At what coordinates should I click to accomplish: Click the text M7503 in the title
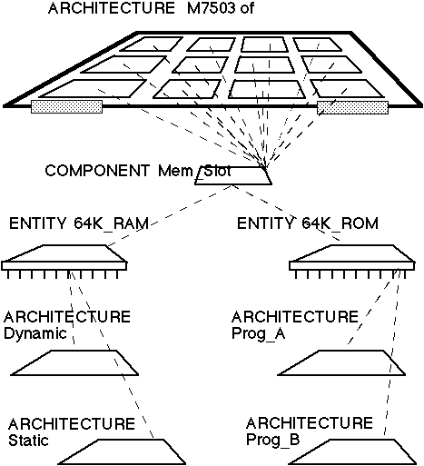click(x=211, y=8)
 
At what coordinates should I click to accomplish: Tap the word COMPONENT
click(x=97, y=171)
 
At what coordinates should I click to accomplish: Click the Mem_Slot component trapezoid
click(x=233, y=175)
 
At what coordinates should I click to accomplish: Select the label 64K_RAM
click(x=111, y=224)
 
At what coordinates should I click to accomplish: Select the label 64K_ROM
click(x=340, y=224)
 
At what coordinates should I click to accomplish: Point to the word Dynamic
click(x=35, y=334)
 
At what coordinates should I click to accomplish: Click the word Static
click(x=28, y=441)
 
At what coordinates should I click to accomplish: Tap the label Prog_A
click(x=259, y=334)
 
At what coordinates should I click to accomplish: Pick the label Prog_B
click(x=273, y=440)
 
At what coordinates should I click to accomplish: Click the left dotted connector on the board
click(x=66, y=107)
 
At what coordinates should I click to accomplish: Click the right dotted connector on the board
click(x=352, y=107)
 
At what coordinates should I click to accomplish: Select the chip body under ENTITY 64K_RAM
click(x=64, y=257)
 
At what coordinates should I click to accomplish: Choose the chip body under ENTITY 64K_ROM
click(x=352, y=257)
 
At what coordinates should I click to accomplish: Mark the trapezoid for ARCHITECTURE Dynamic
click(x=74, y=362)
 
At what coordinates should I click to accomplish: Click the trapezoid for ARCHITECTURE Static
click(x=122, y=451)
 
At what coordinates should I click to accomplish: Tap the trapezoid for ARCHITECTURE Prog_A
click(x=341, y=362)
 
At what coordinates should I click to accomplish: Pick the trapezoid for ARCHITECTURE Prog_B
click(x=352, y=451)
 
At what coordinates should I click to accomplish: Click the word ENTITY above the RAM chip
click(x=37, y=223)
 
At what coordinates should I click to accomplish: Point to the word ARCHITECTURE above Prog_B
click(x=310, y=423)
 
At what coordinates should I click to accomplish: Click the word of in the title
click(x=247, y=8)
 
